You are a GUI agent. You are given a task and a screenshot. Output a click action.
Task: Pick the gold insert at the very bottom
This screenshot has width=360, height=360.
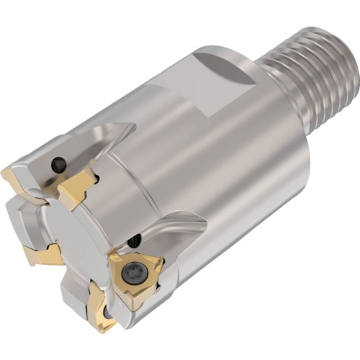pos(100,314)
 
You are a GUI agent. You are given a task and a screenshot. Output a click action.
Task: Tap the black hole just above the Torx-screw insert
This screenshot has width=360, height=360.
pos(134,241)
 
